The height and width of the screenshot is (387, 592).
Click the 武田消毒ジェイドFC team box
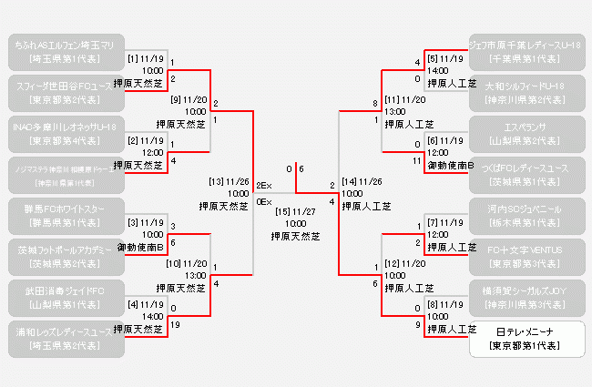coord(63,297)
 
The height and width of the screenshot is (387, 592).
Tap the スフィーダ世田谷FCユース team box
coord(63,91)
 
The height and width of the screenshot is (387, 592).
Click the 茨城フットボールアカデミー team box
coord(63,255)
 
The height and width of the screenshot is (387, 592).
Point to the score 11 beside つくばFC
coord(417,159)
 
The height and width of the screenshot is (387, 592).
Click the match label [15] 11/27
coord(296,211)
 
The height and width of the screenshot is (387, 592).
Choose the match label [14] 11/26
coord(362,181)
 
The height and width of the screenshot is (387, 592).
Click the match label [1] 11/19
coord(146,58)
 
